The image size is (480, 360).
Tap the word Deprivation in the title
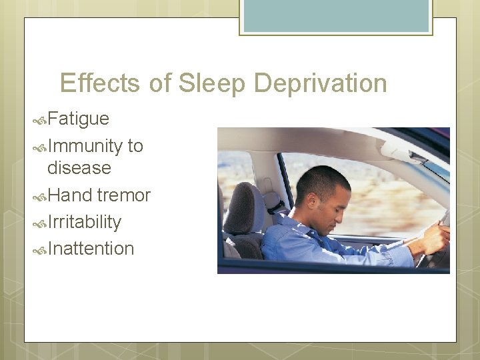[320, 83]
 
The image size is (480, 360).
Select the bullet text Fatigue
[78, 119]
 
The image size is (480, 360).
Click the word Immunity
[85, 146]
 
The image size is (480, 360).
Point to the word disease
[79, 168]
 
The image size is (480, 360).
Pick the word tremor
[123, 195]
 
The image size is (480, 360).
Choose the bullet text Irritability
[84, 222]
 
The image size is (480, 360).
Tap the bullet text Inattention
[91, 249]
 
